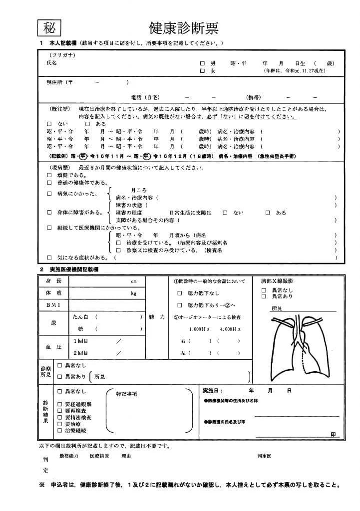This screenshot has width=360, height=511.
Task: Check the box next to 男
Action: [202, 64]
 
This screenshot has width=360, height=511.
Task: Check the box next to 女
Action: [202, 71]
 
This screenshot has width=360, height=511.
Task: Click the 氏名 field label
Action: [51, 63]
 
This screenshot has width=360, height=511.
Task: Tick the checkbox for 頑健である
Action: [49, 175]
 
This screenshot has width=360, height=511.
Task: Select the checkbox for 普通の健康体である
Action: [49, 183]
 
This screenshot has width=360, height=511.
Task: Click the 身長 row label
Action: [53, 281]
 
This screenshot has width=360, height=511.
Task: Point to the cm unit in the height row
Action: [133, 282]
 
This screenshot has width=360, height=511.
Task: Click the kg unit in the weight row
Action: [133, 293]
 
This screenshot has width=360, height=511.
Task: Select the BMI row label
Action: [53, 304]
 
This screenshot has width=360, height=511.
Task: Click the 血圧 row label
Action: [53, 346]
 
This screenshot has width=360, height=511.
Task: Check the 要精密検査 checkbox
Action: [60, 417]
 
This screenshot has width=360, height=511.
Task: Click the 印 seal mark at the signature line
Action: [334, 435]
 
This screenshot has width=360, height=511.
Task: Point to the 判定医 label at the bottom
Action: [264, 456]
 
